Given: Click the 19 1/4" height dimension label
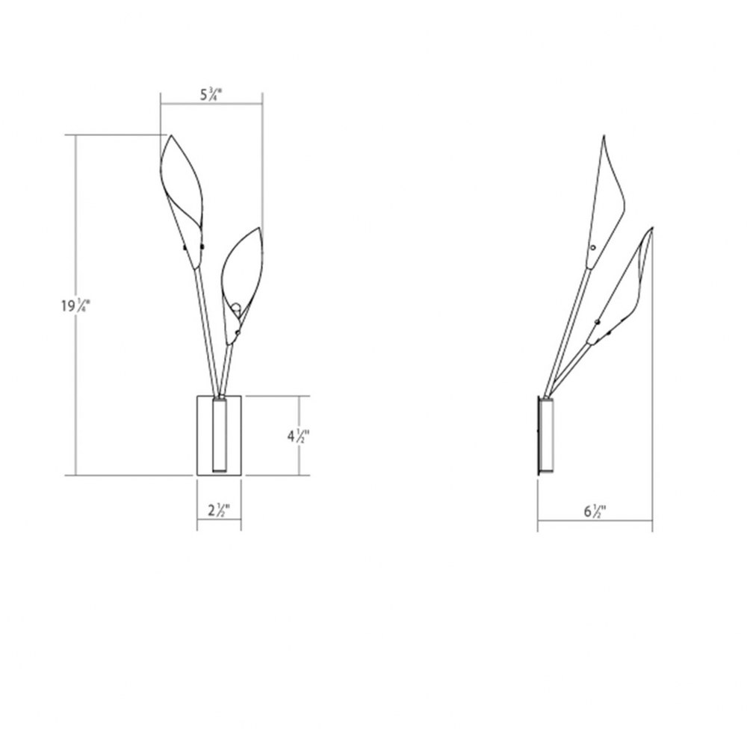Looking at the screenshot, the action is [74, 306].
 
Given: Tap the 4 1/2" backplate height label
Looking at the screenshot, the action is [299, 436].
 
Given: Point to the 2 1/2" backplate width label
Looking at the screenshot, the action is [219, 511].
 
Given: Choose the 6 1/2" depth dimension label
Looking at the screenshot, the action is [595, 512].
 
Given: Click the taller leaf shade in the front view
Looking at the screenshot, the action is [182, 200].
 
